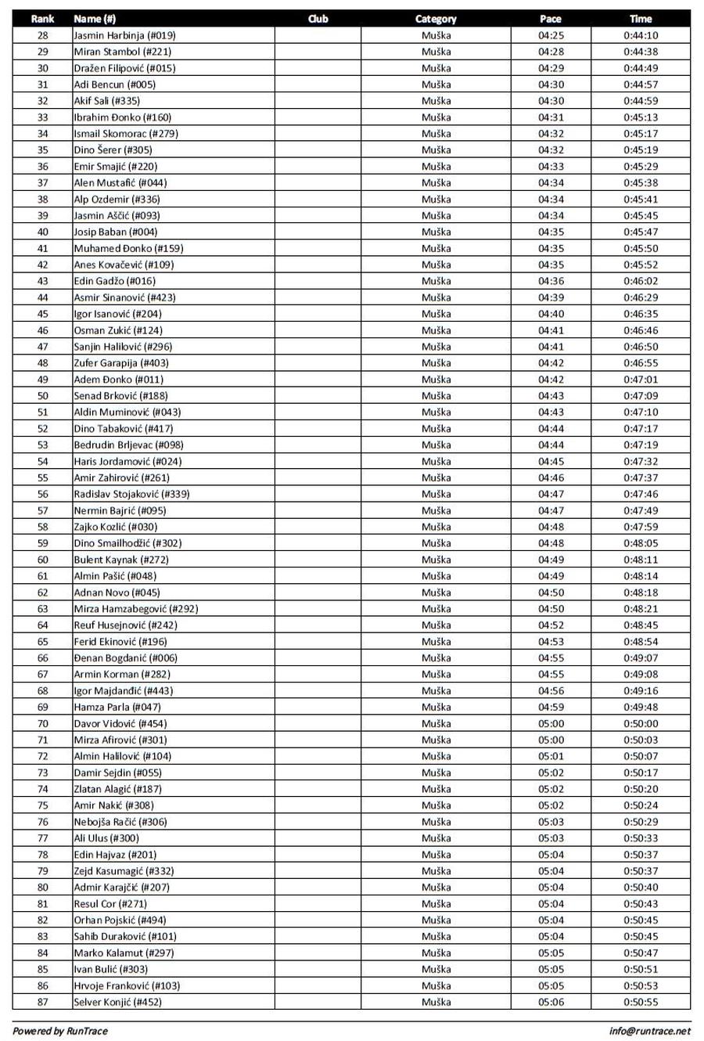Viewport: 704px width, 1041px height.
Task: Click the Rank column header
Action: click(x=42, y=19)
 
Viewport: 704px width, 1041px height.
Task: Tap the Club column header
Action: click(x=318, y=19)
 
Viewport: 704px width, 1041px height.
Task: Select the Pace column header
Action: click(x=551, y=19)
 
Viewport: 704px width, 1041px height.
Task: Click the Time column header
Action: click(x=641, y=19)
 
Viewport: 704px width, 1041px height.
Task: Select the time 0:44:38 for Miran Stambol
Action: click(x=641, y=52)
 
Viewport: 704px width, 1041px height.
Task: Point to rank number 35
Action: click(x=42, y=150)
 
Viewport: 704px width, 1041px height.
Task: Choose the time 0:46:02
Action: click(x=641, y=281)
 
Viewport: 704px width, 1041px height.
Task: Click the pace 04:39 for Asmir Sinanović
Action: click(x=551, y=297)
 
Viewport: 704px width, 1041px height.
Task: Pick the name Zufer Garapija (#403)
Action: click(x=121, y=363)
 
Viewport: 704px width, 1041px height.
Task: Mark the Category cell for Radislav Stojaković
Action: click(x=436, y=494)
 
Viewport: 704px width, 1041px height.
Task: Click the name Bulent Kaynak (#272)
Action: click(x=121, y=560)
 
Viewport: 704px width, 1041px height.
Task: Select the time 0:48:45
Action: click(x=641, y=625)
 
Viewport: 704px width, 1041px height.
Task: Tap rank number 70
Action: click(x=42, y=724)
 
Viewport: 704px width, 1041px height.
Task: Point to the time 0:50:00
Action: click(x=641, y=724)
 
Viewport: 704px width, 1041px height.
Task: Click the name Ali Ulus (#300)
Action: click(x=106, y=838)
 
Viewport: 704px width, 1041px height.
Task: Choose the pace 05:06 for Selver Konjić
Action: click(x=551, y=1002)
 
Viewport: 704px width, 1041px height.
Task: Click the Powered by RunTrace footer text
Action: click(x=60, y=1031)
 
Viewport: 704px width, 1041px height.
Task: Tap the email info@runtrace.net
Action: click(x=650, y=1031)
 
